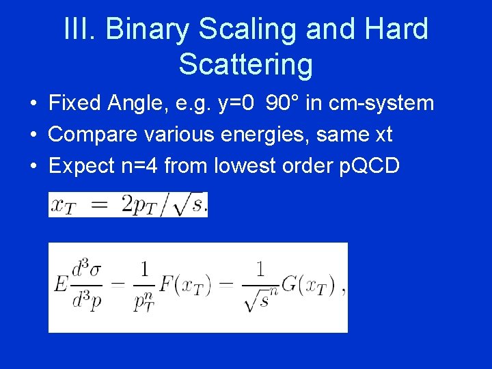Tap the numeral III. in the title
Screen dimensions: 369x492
pos(81,29)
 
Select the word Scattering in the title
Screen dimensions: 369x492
pos(245,64)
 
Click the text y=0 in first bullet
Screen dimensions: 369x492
pos(236,103)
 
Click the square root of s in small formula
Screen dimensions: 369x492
pos(189,204)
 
